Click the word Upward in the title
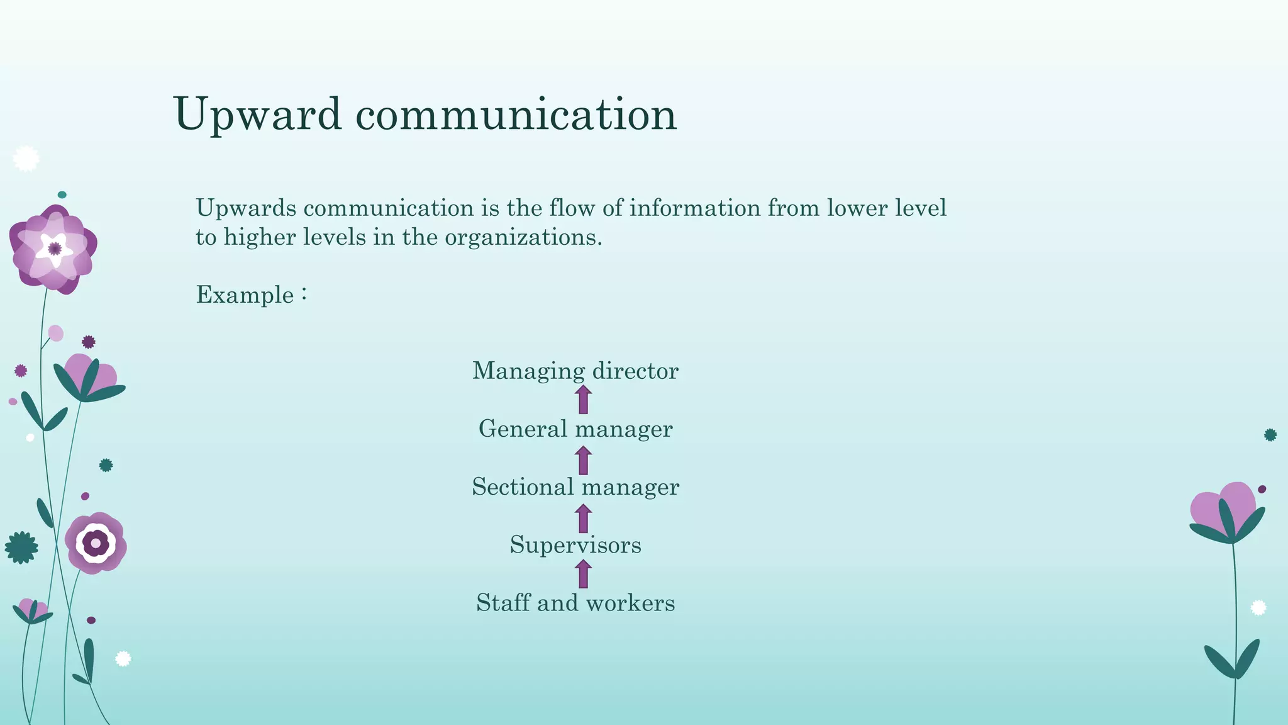pyautogui.click(x=258, y=115)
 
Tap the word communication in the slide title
pyautogui.click(x=516, y=115)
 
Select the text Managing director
pyautogui.click(x=575, y=371)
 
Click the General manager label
pyautogui.click(x=575, y=429)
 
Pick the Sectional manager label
pyautogui.click(x=575, y=486)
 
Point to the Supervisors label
pyautogui.click(x=575, y=544)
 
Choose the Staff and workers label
pyautogui.click(x=575, y=602)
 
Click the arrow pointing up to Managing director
pyautogui.click(x=583, y=400)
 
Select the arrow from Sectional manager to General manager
pyautogui.click(x=583, y=460)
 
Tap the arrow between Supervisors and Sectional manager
pyautogui.click(x=583, y=519)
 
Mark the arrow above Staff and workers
pyautogui.click(x=583, y=574)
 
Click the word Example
pyautogui.click(x=245, y=295)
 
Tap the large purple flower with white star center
pyautogui.click(x=53, y=249)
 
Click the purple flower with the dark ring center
pyautogui.click(x=96, y=542)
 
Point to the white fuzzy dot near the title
pyautogui.click(x=26, y=159)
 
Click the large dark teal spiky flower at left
pyautogui.click(x=21, y=548)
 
